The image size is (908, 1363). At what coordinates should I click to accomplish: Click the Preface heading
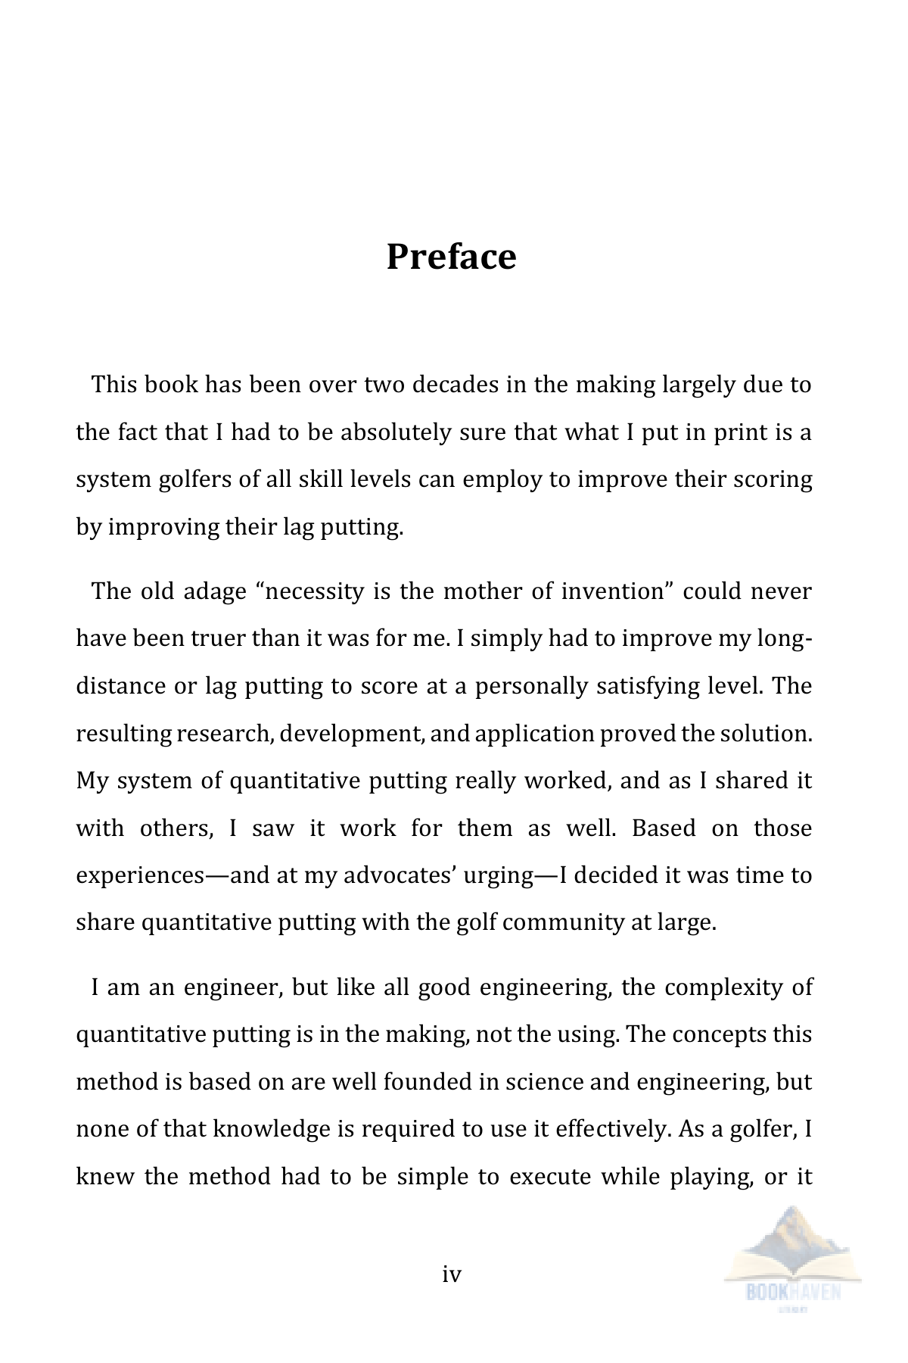pyautogui.click(x=451, y=257)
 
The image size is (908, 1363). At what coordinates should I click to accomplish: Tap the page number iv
pyautogui.click(x=452, y=1274)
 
